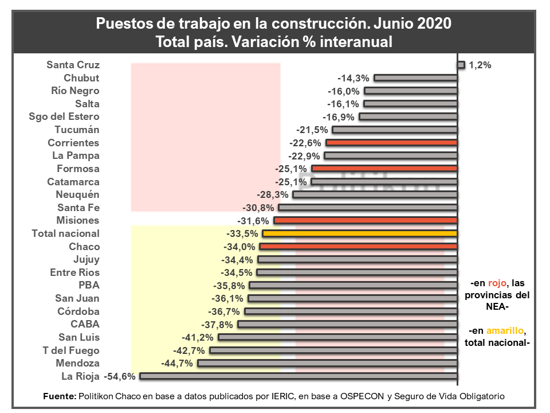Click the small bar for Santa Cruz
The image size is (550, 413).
[461, 65]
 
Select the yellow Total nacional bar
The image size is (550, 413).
[359, 233]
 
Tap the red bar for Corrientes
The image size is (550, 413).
[391, 142]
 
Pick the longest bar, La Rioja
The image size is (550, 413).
[298, 376]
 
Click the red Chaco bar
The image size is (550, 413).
[358, 247]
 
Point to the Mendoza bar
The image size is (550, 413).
[327, 363]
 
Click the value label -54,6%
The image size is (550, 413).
[120, 376]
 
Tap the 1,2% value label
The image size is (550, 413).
[480, 65]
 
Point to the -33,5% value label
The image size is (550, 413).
[242, 233]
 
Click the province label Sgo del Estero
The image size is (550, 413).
[64, 116]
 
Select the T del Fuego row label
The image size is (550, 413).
[71, 350]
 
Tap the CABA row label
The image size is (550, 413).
[85, 324]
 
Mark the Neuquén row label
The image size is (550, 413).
[78, 194]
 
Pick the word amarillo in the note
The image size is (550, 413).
[505, 331]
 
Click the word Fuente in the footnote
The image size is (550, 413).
[59, 396]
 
